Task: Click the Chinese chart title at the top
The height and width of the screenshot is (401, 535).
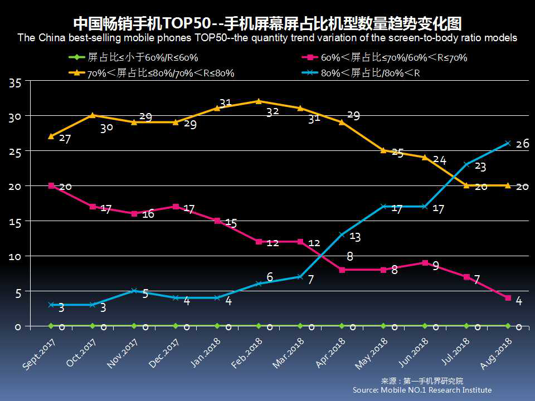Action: [x=267, y=23]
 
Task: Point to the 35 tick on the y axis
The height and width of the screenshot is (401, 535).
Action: [x=15, y=83]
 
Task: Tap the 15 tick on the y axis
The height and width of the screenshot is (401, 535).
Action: [x=15, y=222]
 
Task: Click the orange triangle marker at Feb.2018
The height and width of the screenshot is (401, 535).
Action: [x=259, y=101]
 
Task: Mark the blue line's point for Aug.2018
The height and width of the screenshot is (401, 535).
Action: [x=508, y=143]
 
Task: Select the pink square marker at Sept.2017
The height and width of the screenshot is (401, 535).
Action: [x=51, y=185]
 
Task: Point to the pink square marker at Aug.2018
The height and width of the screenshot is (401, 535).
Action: [x=508, y=298]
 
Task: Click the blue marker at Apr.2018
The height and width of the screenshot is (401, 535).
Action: [x=342, y=234]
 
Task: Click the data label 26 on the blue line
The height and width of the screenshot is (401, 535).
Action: [x=522, y=144]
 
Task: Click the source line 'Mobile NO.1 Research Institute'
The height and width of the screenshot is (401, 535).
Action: [x=422, y=390]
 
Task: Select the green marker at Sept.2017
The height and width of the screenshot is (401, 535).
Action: [x=51, y=326]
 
